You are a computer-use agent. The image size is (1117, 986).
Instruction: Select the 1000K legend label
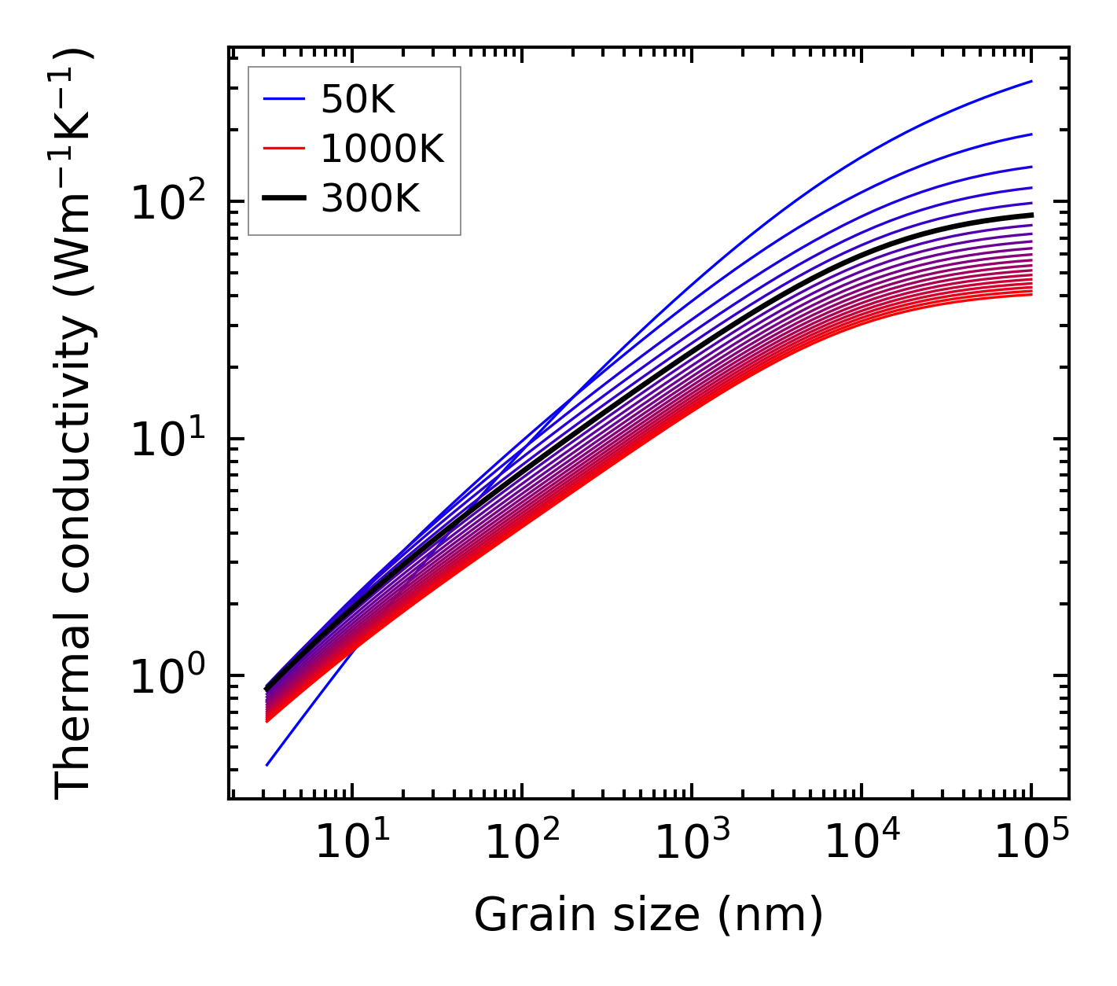click(382, 149)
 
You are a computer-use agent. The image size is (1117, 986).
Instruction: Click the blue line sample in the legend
click(283, 99)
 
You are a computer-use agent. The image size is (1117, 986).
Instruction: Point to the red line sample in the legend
click(283, 149)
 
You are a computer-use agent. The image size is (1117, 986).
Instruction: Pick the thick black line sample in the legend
click(283, 199)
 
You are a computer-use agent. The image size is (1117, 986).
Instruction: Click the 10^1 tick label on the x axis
click(351, 843)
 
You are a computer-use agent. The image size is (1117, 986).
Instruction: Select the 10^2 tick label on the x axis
click(520, 843)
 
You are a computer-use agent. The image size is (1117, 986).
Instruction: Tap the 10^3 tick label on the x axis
click(690, 843)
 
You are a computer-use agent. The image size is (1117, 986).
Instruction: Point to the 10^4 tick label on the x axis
click(860, 843)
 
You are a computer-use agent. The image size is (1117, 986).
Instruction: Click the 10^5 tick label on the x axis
click(1030, 843)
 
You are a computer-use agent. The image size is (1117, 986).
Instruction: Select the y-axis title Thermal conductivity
click(75, 425)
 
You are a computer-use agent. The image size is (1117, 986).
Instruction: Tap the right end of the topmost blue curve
click(1031, 81)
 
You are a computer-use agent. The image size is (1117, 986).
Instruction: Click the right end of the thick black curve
click(1031, 215)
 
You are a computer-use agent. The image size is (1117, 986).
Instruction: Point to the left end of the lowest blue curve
click(267, 764)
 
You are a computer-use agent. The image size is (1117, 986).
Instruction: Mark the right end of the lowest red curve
click(1031, 295)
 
